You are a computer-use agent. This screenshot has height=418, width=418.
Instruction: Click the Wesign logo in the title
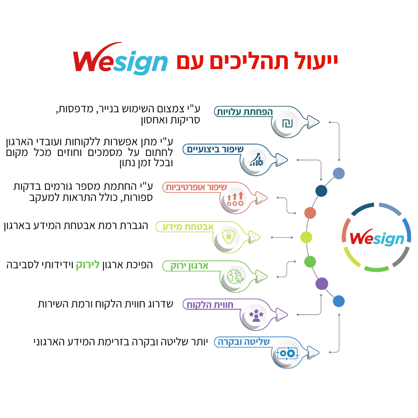[x=120, y=59]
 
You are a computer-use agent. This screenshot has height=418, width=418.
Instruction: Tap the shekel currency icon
[x=287, y=123]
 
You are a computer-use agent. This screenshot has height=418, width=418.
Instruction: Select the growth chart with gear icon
[x=256, y=160]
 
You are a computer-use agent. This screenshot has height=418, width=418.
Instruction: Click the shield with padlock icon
[x=229, y=237]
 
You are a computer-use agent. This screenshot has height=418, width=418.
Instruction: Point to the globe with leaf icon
[x=235, y=276]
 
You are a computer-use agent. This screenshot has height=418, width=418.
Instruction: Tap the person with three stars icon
[x=256, y=316]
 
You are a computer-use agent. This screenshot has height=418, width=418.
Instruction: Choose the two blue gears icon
[x=287, y=353]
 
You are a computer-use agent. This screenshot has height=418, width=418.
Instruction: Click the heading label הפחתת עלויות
[x=245, y=112]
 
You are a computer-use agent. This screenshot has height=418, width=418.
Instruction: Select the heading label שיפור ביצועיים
[x=215, y=150]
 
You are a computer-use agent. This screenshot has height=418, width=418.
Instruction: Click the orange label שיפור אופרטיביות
[x=196, y=187]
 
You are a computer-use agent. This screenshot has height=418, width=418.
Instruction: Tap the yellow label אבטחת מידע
[x=188, y=227]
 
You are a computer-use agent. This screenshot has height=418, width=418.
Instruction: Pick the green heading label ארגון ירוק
[x=189, y=266]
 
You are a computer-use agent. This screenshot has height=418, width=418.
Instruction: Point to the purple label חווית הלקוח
[x=210, y=305]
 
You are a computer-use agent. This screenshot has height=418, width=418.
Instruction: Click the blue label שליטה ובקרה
[x=244, y=342]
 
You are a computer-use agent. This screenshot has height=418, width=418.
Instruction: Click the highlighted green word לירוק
[x=88, y=265]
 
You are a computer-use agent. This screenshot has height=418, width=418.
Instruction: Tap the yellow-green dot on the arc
[x=306, y=237]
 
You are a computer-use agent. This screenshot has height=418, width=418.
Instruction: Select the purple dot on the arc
[x=322, y=283]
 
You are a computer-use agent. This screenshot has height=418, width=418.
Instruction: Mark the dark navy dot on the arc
[x=321, y=191]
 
